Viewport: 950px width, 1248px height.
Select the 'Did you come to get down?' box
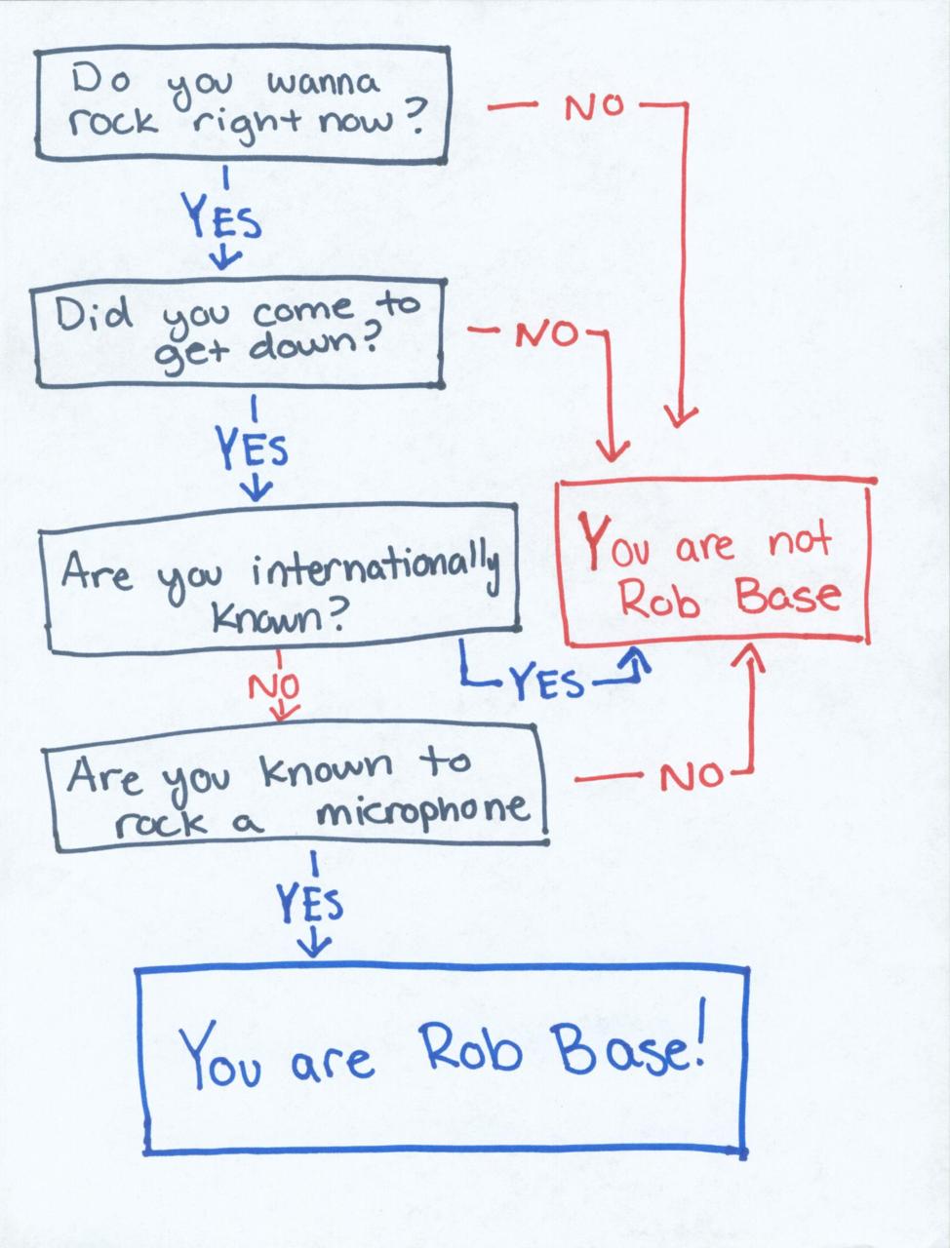pos(240,333)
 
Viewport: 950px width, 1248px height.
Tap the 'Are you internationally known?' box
pos(281,577)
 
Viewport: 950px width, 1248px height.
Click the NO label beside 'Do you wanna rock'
pos(592,107)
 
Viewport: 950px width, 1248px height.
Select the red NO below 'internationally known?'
pos(274,687)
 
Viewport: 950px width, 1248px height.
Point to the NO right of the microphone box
pos(692,777)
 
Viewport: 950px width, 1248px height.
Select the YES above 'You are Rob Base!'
pos(311,904)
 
